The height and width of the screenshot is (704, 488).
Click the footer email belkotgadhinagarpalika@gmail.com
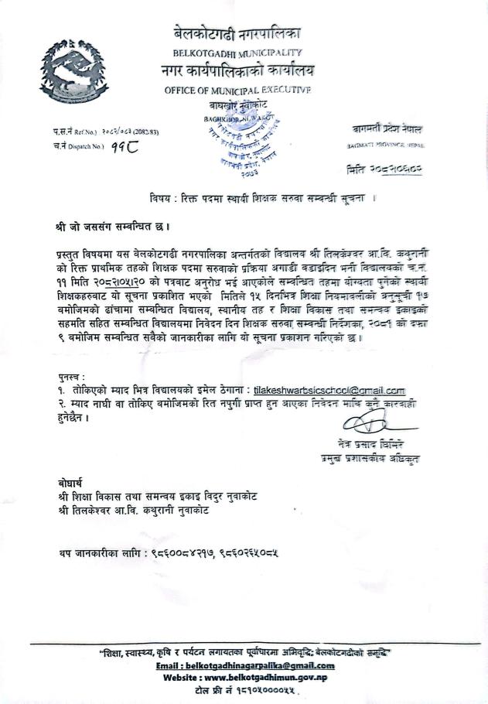click(x=245, y=665)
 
